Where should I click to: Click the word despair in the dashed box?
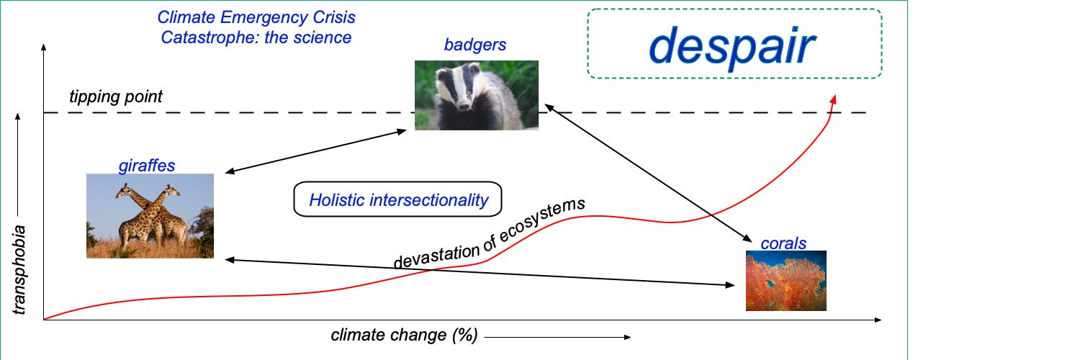pos(732,47)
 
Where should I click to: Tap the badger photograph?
pos(477,95)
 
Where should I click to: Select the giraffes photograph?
pos(150,216)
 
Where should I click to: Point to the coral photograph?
pos(786,281)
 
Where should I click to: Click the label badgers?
pos(475,45)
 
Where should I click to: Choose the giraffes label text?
pos(147,166)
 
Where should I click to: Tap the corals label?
pos(783,243)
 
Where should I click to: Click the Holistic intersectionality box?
pos(397,199)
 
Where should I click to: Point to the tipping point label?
pos(116,97)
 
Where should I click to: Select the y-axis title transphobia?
pos(19,270)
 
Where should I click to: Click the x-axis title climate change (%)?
pos(404,335)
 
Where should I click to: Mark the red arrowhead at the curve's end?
pos(832,99)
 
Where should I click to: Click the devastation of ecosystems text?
pos(490,233)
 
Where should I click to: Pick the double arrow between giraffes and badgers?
pos(316,151)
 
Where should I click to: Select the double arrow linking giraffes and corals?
pos(480,273)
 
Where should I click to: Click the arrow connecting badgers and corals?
pos(649,173)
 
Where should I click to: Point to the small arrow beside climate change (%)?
pos(557,338)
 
